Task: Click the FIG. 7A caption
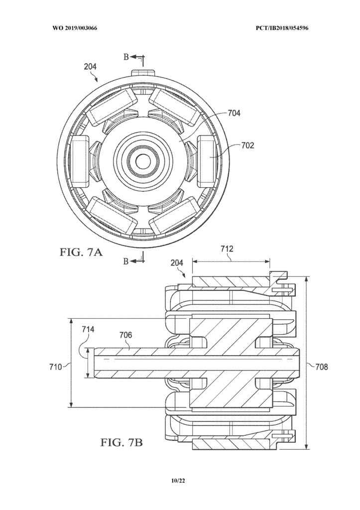(81, 252)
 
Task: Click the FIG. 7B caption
(121, 442)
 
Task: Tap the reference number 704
(234, 113)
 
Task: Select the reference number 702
(247, 145)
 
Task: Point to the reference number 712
(227, 249)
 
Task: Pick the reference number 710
(56, 367)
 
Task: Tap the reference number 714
(88, 330)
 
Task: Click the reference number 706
(125, 335)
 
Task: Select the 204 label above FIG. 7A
(90, 67)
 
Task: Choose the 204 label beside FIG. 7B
(177, 262)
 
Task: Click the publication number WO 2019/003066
(75, 28)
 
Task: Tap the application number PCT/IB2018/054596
(282, 28)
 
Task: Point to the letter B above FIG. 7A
(126, 57)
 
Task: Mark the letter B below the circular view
(126, 261)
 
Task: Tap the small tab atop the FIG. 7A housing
(142, 72)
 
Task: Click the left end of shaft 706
(94, 363)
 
